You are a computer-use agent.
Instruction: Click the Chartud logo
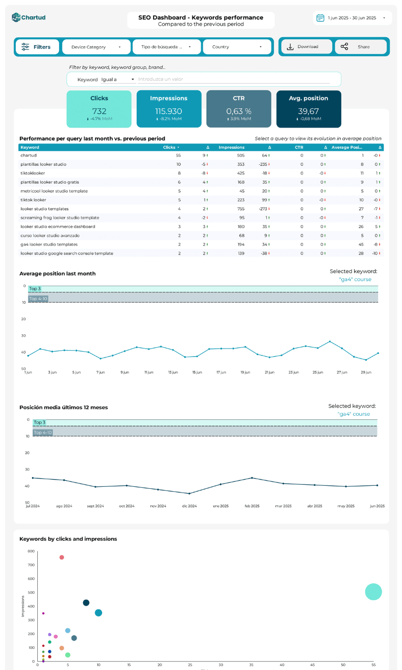pos(29,17)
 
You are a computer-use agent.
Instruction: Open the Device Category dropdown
pos(96,47)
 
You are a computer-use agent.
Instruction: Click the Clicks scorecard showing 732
pos(99,109)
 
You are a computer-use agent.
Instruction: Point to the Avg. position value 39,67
pos(308,111)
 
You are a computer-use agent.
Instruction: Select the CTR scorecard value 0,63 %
pos(239,111)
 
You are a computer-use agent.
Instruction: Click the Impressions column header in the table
pos(232,147)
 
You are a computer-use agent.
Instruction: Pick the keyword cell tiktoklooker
pos(34,173)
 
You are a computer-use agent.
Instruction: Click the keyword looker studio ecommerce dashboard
pos(58,227)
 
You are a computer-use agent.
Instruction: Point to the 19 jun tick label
pos(245,373)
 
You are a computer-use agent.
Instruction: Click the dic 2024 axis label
pos(189,506)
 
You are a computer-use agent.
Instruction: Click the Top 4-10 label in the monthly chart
pos(43,433)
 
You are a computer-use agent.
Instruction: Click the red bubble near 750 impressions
pos(62,557)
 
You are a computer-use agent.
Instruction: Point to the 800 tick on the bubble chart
pos(31,552)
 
